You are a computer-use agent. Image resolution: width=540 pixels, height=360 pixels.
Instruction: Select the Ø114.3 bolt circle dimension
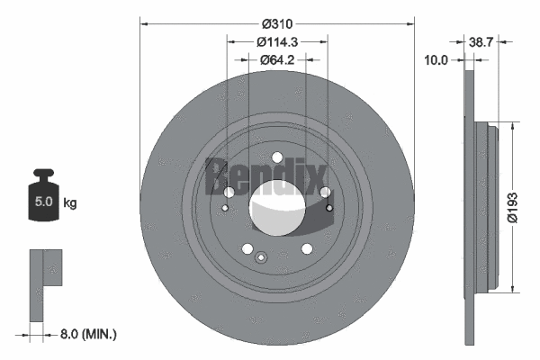pos(276,42)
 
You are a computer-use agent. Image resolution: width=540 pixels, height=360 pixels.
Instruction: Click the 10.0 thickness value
pos(436,60)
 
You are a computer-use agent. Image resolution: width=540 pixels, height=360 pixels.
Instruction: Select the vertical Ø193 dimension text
pos(511,205)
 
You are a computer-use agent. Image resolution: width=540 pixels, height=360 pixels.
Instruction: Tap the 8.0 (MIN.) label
pos(85,334)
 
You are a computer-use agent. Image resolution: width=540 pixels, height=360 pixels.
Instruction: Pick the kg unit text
pos(70,203)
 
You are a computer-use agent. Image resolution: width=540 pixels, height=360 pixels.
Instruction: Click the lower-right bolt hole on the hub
pos(307,249)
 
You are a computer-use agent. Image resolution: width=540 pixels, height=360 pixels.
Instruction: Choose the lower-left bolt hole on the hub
pos(246,249)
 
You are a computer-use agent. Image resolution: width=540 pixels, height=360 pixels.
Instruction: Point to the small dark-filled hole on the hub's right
pos(329,210)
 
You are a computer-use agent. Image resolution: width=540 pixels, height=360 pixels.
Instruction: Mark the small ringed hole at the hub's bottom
pos(261,258)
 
